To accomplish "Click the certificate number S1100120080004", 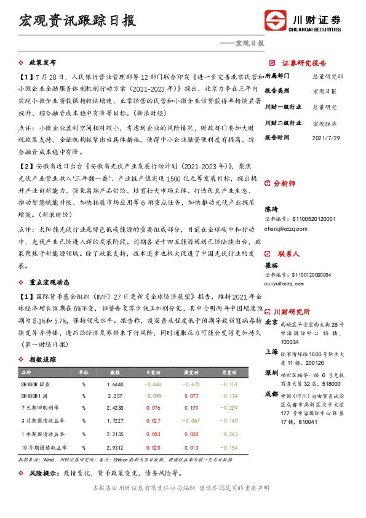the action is tap(306, 275).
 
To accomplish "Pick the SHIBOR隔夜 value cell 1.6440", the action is tap(115, 384).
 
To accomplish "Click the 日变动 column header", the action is tap(153, 372).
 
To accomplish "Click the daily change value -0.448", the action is tap(153, 384).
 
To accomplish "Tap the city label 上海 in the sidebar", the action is tap(270, 351).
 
